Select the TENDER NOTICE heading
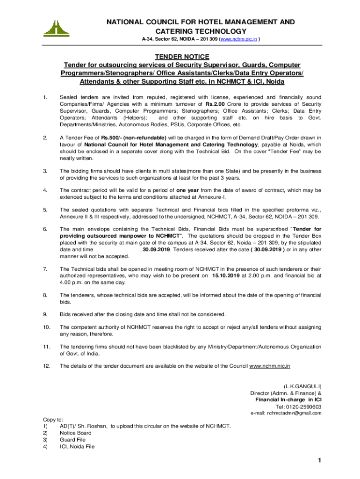(180, 57)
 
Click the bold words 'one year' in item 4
(189, 190)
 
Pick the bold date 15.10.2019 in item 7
(227, 276)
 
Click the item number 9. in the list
(45, 314)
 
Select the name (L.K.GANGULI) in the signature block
(302, 386)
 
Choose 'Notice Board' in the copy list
(76, 433)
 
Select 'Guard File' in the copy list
(73, 440)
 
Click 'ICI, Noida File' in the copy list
(77, 447)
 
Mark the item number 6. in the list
(45, 229)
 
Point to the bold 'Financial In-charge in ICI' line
(288, 400)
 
